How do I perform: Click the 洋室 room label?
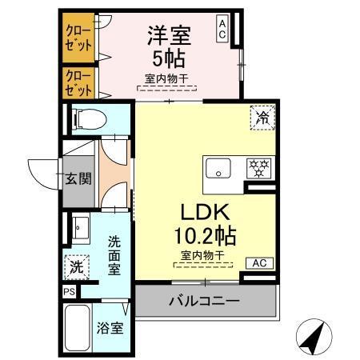click(167, 35)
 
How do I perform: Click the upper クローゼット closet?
click(78, 37)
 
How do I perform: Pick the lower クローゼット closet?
click(78, 82)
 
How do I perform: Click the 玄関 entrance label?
click(78, 178)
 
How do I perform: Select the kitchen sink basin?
click(217, 169)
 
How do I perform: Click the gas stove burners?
click(258, 168)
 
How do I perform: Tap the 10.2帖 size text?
click(205, 237)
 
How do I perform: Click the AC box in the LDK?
click(260, 262)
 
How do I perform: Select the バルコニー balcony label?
click(204, 302)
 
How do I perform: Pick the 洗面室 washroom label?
click(114, 254)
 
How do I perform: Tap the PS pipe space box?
click(69, 292)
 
